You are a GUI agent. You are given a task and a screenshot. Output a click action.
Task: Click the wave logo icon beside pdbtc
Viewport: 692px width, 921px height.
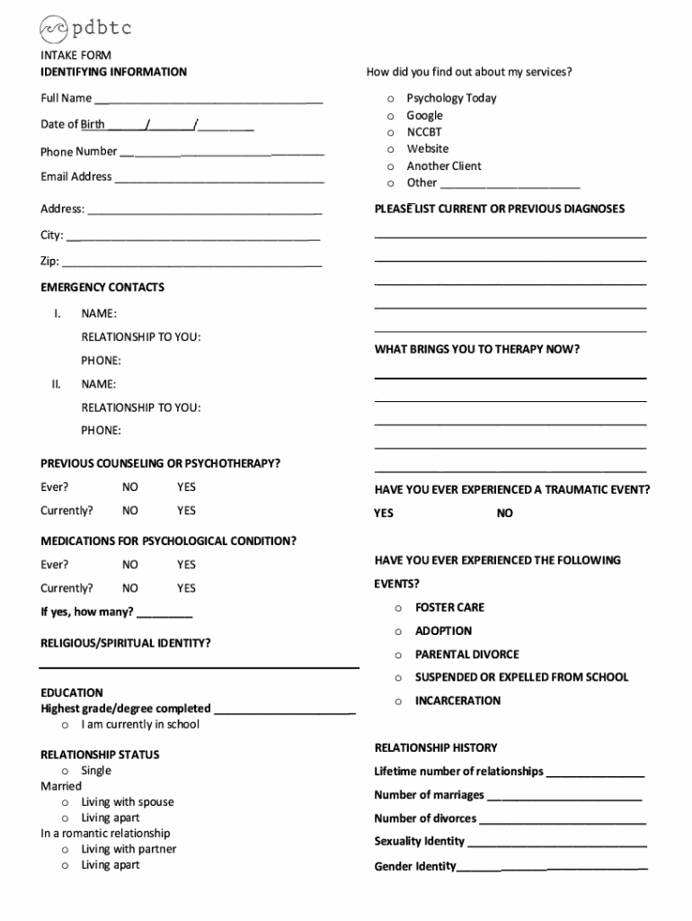(53, 29)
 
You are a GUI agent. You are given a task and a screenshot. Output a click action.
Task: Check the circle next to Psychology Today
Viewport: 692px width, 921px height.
(390, 99)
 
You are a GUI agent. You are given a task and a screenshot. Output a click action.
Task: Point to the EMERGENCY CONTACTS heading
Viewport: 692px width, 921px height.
(102, 288)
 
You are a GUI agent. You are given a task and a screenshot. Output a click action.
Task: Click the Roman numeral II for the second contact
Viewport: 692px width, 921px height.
(56, 384)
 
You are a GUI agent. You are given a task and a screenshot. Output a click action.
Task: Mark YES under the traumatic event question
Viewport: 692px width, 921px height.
(384, 514)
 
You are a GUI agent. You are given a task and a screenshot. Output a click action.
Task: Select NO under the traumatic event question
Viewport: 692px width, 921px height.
(505, 514)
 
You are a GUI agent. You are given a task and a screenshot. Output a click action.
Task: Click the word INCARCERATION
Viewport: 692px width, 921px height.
(457, 701)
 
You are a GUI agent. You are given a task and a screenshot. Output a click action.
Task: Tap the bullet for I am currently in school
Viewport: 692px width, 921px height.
(66, 725)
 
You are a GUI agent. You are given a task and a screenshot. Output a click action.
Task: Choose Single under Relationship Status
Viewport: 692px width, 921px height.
(96, 771)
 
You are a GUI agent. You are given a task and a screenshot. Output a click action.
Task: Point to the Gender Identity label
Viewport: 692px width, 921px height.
(415, 867)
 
